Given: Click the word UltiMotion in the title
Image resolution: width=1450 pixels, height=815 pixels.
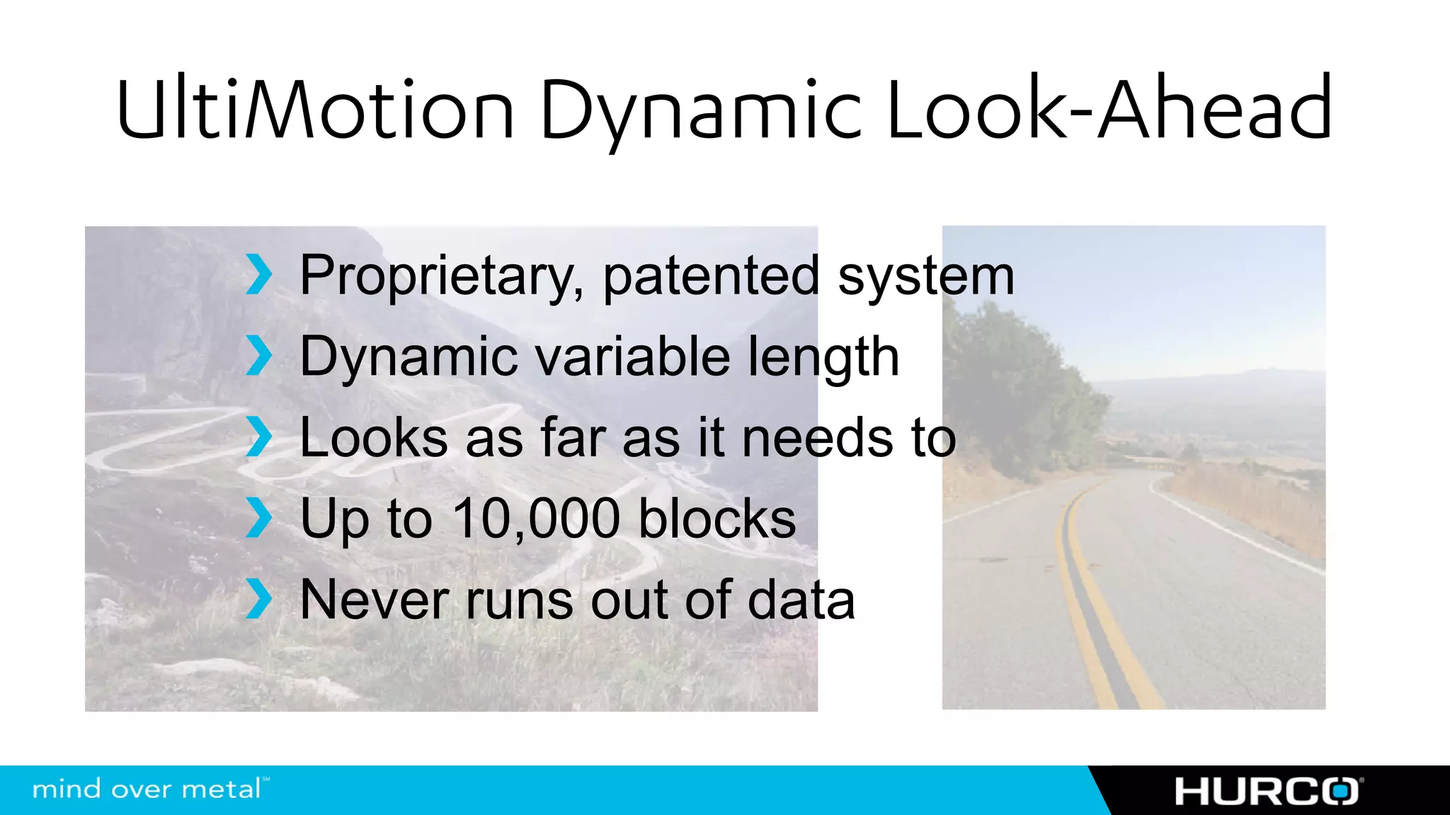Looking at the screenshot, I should click(315, 110).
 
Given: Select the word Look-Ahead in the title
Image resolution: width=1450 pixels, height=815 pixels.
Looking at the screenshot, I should click(1109, 110).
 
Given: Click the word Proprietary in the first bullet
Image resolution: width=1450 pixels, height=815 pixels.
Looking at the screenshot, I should click(442, 276).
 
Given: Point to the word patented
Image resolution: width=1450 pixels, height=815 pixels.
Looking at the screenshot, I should click(711, 276).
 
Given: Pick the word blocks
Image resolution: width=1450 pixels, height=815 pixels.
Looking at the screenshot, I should click(717, 519).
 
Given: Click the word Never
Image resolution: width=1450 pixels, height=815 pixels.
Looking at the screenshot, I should click(373, 600).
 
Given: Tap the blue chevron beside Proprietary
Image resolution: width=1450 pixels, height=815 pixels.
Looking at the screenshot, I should click(258, 275).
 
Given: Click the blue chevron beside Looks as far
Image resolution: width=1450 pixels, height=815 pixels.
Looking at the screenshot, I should click(258, 437).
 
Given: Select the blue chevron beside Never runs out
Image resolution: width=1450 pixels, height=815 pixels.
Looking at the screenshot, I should click(258, 599).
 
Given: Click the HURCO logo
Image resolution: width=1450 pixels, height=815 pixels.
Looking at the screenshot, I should click(1268, 791).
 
